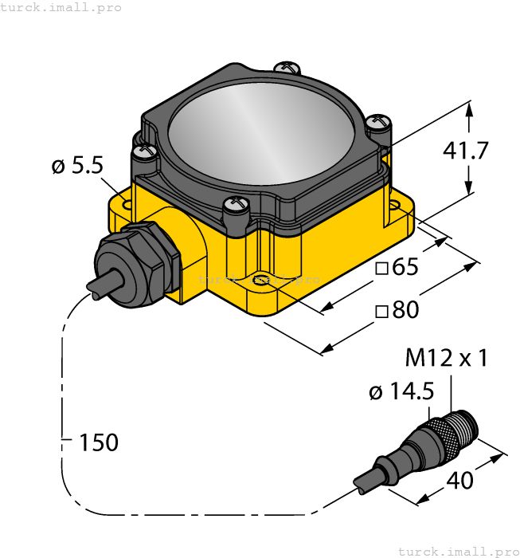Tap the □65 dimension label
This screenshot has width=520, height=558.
pyautogui.click(x=396, y=268)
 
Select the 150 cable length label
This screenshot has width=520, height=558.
pyautogui.click(x=98, y=442)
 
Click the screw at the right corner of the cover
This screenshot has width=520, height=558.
pyautogui.click(x=380, y=123)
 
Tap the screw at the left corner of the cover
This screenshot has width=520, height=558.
pyautogui.click(x=143, y=151)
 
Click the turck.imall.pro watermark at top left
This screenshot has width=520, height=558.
pyautogui.click(x=61, y=7)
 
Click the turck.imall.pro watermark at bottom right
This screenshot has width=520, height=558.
pyautogui.click(x=458, y=551)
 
